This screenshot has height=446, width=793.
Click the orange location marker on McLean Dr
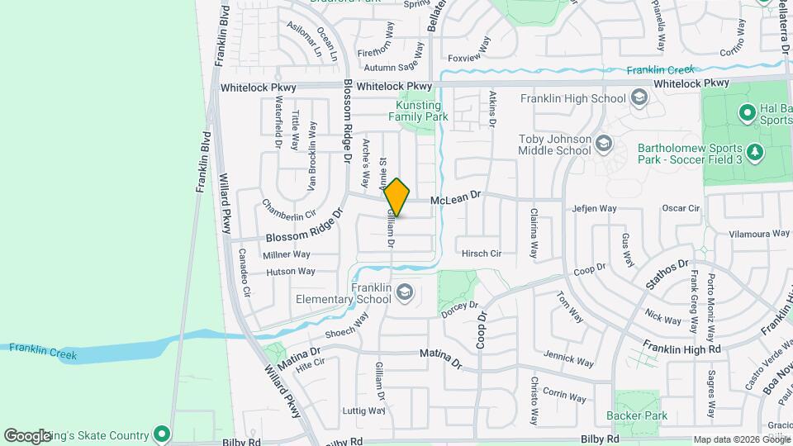coord(396,197)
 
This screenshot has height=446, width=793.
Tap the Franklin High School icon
coord(639,99)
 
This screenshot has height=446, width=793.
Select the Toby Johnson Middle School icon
coord(603,145)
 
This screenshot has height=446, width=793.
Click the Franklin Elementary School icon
coord(405,292)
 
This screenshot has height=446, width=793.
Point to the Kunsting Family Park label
coord(410,111)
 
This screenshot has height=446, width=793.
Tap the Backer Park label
coord(636,415)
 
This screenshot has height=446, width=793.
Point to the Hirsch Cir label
coord(482,254)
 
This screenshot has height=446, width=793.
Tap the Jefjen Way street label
coord(595,209)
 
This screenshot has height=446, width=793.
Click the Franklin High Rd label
coord(682,349)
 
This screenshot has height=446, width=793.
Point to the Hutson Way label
coord(290,271)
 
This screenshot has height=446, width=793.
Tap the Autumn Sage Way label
coord(393,68)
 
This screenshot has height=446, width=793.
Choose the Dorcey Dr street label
coord(460,309)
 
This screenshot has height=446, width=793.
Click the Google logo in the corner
coord(27,435)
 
